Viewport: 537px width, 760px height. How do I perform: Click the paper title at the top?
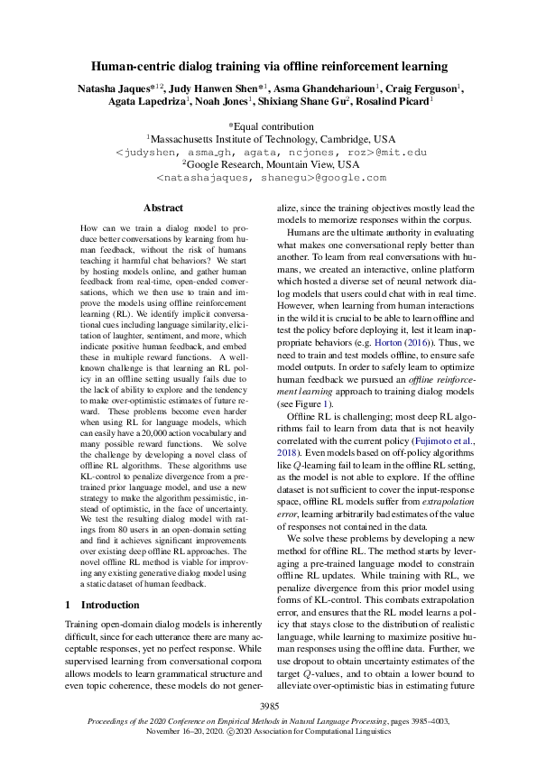tap(268, 66)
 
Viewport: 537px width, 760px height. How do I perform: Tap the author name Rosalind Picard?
tap(395, 103)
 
